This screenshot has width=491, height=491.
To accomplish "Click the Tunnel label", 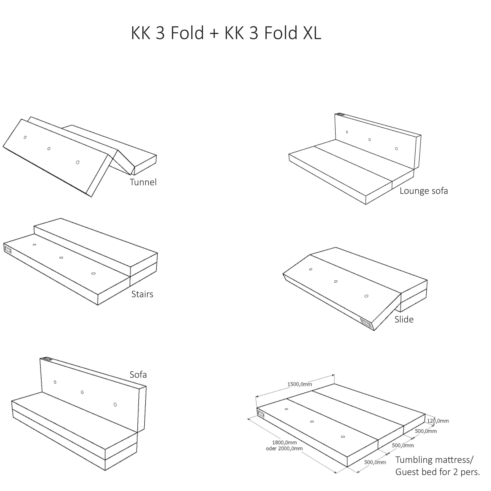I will point(143,182).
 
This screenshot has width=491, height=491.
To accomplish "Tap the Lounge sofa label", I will point(424,191).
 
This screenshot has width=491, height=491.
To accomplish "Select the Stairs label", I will point(142,294).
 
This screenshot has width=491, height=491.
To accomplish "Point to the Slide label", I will point(404,319).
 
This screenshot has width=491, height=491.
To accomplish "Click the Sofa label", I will point(138,375).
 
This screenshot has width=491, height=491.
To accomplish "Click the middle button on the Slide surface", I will point(336,281).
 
